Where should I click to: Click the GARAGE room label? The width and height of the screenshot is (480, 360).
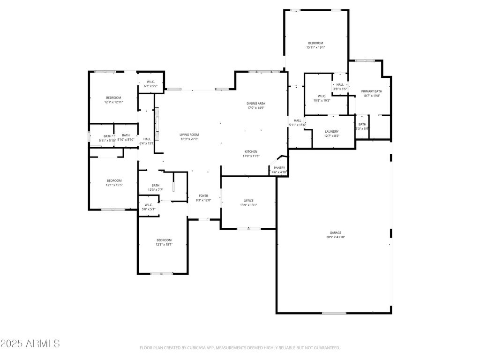(x=335, y=232)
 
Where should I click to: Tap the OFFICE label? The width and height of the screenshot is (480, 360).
(x=248, y=201)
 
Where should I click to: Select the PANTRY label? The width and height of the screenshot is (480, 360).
(x=279, y=168)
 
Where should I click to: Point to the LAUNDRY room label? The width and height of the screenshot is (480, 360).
(x=331, y=132)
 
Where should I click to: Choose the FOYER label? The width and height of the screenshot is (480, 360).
(x=203, y=196)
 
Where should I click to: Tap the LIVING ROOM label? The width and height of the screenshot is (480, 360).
(x=189, y=135)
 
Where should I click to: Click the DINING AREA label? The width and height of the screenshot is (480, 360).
(x=256, y=103)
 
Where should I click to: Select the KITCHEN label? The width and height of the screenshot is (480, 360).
(x=251, y=152)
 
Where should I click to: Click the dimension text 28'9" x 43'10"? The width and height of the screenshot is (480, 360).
(x=335, y=237)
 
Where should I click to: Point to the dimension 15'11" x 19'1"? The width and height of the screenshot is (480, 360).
(x=315, y=47)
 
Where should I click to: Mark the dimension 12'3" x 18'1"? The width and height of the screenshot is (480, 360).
(x=164, y=244)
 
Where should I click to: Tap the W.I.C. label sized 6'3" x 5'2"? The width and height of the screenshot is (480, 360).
(x=150, y=82)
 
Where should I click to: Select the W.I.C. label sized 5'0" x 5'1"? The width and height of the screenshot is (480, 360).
(x=149, y=205)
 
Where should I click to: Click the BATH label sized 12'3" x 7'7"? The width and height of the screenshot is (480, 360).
(x=155, y=186)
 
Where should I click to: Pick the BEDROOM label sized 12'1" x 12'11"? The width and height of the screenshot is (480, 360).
(x=113, y=97)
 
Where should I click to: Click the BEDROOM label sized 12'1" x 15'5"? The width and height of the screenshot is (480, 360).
(x=114, y=180)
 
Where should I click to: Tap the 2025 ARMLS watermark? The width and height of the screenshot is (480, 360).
(x=30, y=344)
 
